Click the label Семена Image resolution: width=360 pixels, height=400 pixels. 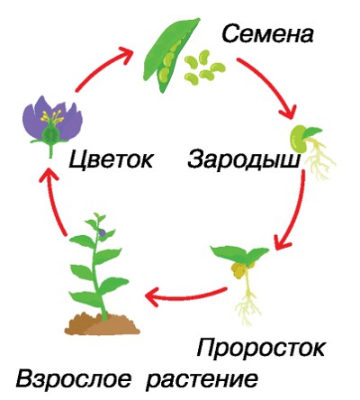coord(267,33)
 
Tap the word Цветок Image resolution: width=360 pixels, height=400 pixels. coord(111,159)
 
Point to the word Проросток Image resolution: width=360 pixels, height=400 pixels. coord(261,348)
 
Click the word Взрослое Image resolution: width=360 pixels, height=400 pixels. coord(74,378)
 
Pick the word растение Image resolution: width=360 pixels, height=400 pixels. coord(202,380)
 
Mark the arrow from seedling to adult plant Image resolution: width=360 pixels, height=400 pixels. coord(185,296)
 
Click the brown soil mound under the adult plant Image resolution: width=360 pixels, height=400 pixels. coord(102,324)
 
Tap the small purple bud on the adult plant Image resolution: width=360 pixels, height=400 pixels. coord(103,232)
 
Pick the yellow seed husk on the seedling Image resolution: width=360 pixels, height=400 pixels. coord(238,269)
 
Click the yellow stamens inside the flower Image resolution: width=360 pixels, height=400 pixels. coord(52,117)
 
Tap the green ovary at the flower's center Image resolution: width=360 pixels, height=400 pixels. coord(51,134)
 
